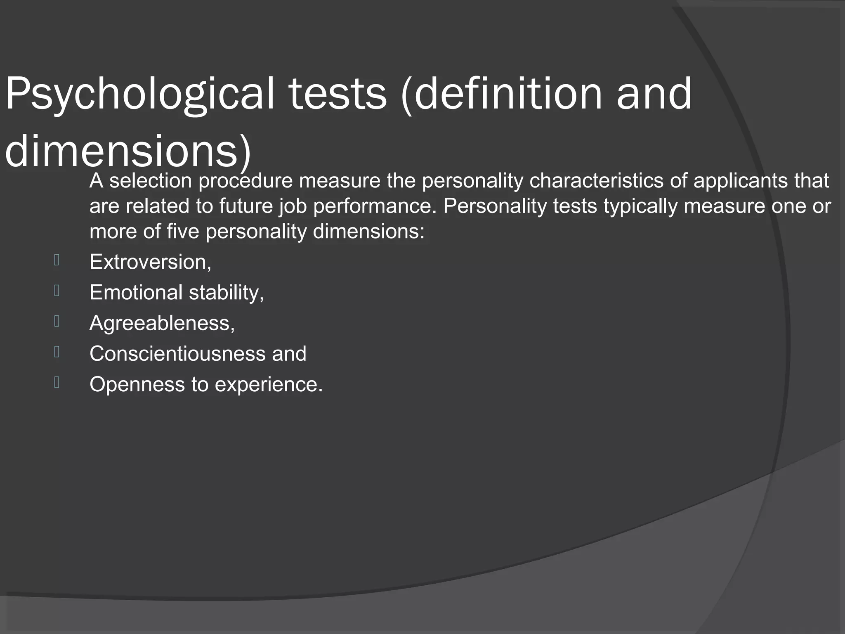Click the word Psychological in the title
point(139,94)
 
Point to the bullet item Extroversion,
point(151,262)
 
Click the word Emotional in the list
point(136,293)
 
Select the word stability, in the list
point(226,293)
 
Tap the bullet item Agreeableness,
point(162,323)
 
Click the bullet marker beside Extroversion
point(57,260)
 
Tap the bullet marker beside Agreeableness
point(57,321)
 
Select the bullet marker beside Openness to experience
point(57,383)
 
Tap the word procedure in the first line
point(245,181)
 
